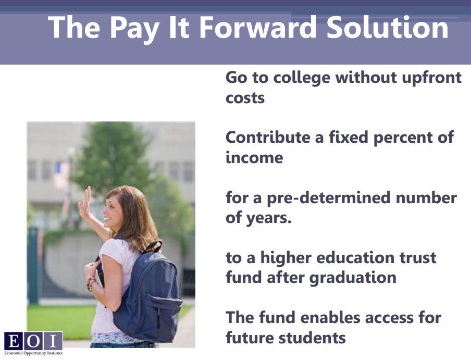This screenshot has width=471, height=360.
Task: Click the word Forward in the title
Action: [x=258, y=28]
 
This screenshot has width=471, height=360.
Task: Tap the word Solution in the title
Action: [x=388, y=28]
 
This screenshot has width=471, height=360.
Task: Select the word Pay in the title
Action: [x=134, y=29]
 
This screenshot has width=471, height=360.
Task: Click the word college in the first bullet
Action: [x=302, y=78]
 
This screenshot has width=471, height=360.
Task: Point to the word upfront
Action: [x=431, y=78]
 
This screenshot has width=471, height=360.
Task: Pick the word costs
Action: [x=245, y=98]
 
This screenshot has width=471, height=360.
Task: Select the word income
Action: [x=254, y=157]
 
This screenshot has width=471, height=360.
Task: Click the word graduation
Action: [x=353, y=278]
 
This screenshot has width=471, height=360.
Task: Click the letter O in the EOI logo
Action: [x=33, y=341]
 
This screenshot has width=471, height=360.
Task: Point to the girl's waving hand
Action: [x=85, y=203]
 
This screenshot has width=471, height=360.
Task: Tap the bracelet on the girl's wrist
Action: [x=91, y=284]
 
